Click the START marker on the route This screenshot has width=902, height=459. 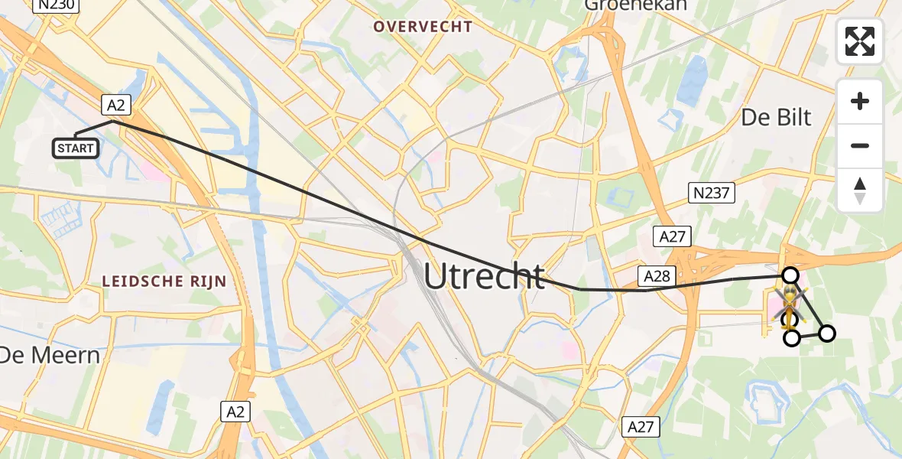75,148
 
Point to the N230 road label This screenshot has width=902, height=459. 57,5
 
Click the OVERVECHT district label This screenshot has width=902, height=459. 423,27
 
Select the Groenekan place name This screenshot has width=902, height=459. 635,5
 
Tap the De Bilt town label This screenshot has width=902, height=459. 776,117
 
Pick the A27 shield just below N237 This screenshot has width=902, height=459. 673,236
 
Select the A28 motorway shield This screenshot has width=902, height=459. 657,276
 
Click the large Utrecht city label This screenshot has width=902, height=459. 484,276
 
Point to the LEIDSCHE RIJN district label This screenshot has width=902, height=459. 165,282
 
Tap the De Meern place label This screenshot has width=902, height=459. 49,355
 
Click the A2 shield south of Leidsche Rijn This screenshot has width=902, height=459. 236,412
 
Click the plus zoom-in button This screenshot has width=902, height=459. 860,101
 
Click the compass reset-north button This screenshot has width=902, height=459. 860,190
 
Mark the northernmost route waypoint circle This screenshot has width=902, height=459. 790,275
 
